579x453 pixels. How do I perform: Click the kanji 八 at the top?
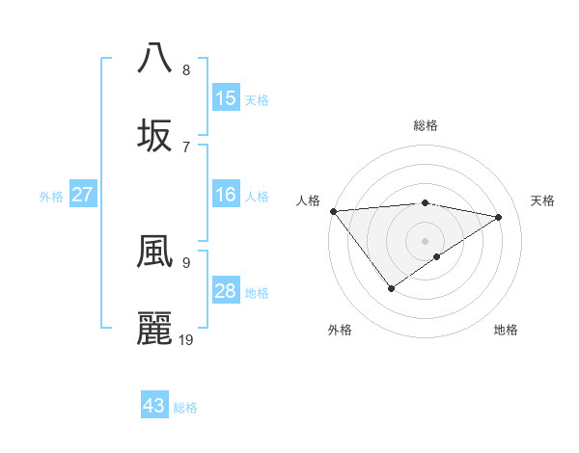[155, 57]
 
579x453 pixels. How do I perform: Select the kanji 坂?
[155, 135]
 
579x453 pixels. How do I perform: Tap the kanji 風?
[155, 252]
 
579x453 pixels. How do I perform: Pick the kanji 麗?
[155, 329]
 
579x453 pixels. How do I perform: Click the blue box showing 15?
[226, 98]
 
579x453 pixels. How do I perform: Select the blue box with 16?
[226, 195]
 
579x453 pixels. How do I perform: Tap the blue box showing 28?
[226, 291]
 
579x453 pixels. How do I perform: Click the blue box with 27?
[83, 195]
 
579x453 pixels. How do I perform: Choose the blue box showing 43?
[154, 406]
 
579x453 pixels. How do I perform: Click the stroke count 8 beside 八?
[186, 69]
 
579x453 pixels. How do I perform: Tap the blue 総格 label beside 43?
[185, 408]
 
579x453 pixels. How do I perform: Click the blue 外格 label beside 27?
[51, 197]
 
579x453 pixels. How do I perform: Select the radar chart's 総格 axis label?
[425, 125]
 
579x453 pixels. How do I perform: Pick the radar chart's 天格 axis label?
[542, 200]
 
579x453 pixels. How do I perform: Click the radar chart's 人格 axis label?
[308, 200]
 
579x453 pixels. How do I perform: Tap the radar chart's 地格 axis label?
[506, 330]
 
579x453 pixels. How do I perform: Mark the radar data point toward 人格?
[333, 210]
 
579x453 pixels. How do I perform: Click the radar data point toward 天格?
[499, 217]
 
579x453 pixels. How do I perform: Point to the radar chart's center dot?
[425, 240]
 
